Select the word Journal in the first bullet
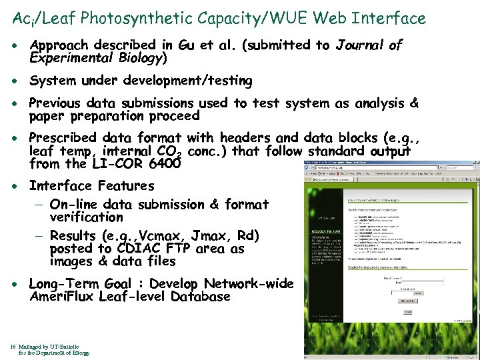tap(360, 45)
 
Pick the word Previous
tap(58, 103)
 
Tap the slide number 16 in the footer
tap(13, 347)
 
